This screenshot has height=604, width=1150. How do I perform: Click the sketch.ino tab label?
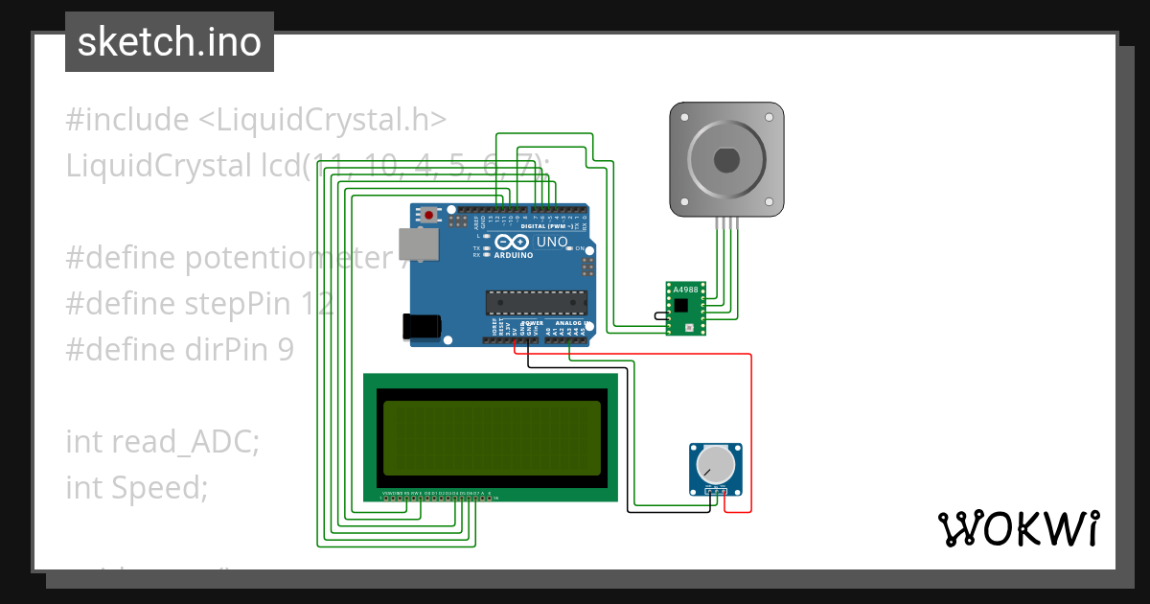170,42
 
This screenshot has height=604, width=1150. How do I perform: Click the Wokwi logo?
1018,528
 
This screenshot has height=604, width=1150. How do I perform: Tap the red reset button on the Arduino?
428,215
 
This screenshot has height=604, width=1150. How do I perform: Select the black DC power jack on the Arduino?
422,326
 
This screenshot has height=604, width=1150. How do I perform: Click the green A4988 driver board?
685,308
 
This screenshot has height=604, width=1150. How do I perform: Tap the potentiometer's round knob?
715,466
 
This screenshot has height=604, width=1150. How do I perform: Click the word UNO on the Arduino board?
552,243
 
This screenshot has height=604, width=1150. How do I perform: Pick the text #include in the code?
127,120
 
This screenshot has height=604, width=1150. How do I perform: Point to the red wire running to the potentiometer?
750,431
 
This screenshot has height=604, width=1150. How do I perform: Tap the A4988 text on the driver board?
685,290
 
